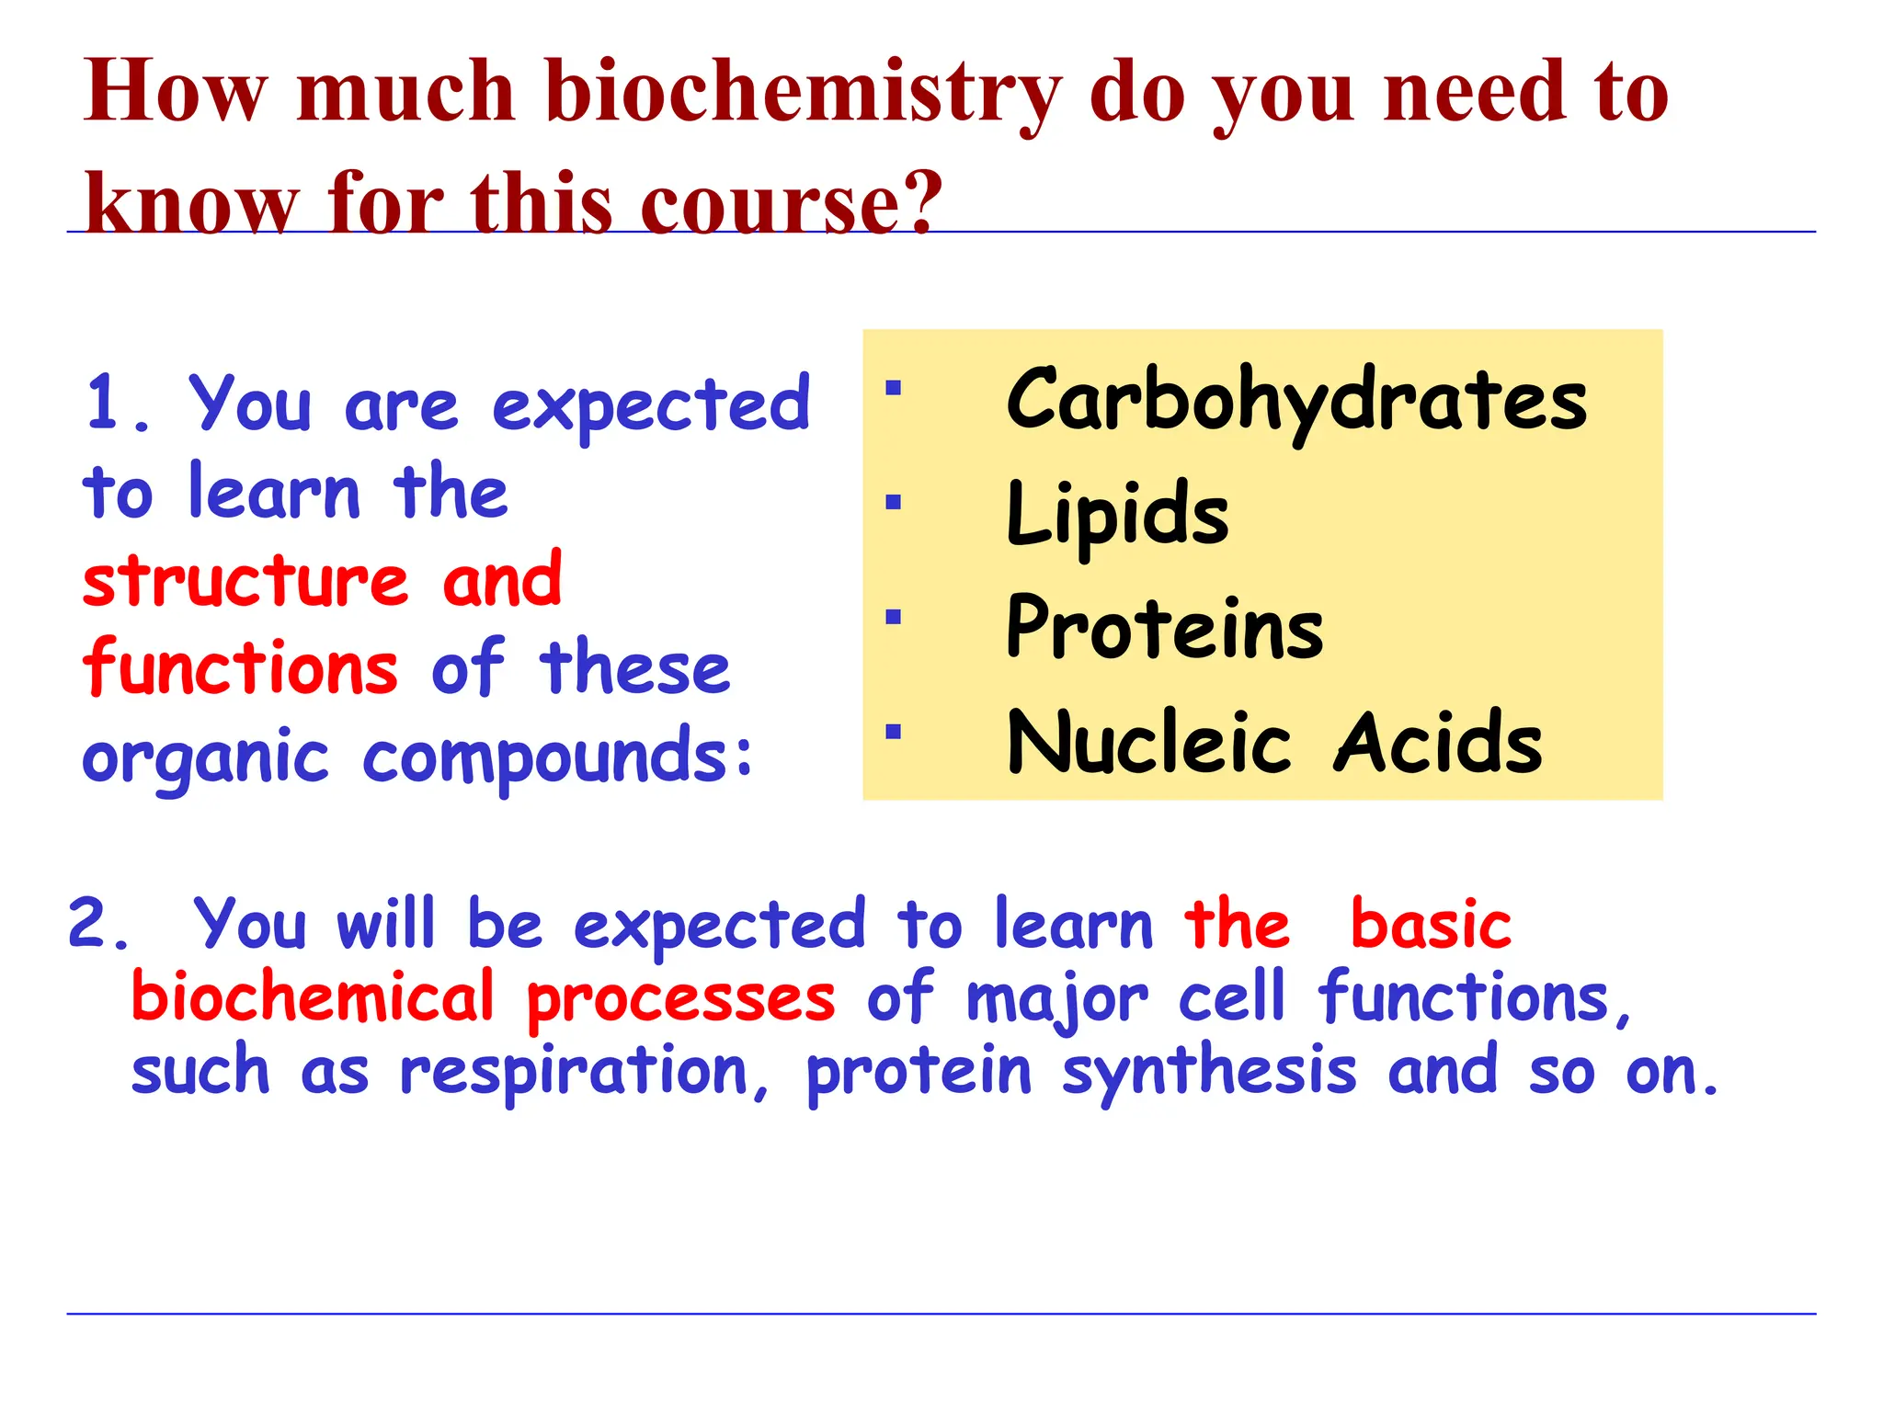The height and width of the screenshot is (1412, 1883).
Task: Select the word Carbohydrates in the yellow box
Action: pyautogui.click(x=1296, y=401)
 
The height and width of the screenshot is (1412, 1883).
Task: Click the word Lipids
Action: pyautogui.click(x=1117, y=515)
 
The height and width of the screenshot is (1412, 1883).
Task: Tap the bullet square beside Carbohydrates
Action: pyautogui.click(x=893, y=388)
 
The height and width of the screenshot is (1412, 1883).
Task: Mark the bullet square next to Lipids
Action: pyautogui.click(x=893, y=502)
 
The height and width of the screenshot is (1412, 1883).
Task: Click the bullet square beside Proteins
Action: pyautogui.click(x=893, y=617)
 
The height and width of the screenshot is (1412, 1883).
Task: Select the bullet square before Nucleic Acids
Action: pyautogui.click(x=893, y=732)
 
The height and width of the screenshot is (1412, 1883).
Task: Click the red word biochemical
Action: pyautogui.click(x=313, y=998)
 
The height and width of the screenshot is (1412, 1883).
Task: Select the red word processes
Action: pyautogui.click(x=681, y=1000)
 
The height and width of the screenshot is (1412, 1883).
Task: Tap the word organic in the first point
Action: pyautogui.click(x=205, y=759)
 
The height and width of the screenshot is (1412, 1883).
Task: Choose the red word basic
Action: pyautogui.click(x=1431, y=925)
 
